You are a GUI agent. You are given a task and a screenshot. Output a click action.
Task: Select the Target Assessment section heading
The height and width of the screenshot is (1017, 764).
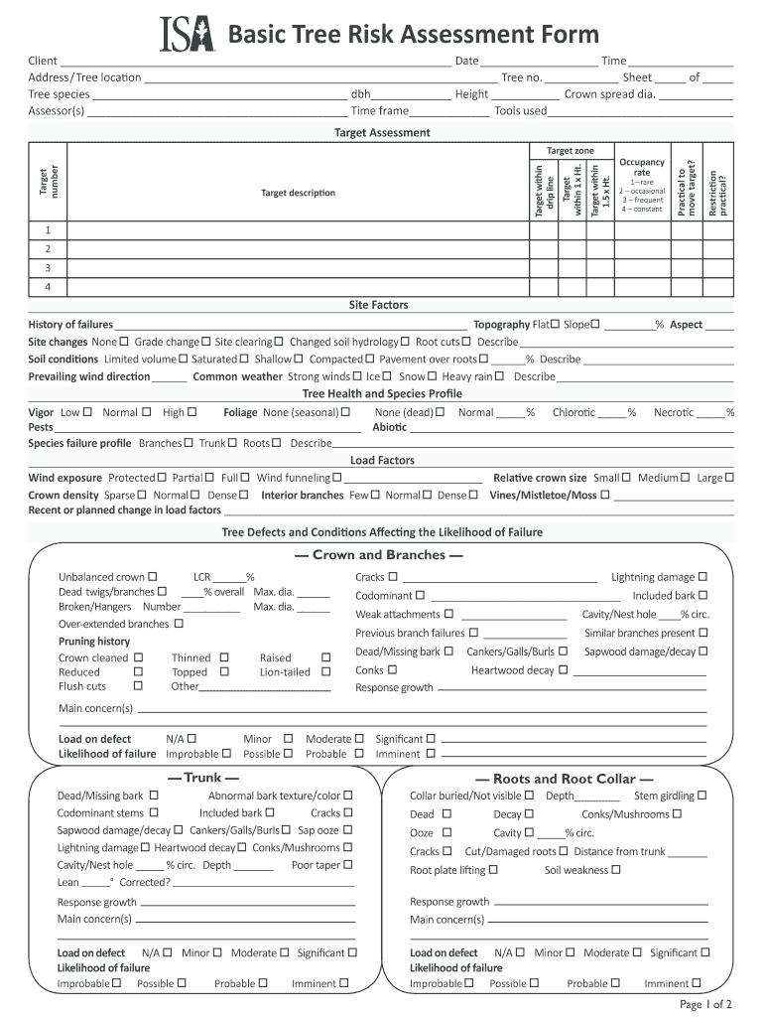coord(382,132)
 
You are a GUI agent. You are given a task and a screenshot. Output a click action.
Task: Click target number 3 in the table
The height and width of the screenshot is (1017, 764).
coord(48,268)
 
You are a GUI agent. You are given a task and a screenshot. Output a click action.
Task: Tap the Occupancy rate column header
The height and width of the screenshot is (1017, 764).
coord(641,167)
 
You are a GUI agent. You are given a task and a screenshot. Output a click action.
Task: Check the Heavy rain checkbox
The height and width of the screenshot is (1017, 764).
coord(500,376)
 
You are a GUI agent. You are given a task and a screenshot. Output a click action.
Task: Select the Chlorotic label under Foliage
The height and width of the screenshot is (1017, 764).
coord(573,412)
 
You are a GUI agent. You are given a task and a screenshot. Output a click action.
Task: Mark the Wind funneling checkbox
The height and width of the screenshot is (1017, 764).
coord(337,478)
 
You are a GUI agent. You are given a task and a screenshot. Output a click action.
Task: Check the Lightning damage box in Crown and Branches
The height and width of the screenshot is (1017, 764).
coord(702,577)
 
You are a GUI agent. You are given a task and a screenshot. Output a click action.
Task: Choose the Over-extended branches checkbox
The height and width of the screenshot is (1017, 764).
coord(179,624)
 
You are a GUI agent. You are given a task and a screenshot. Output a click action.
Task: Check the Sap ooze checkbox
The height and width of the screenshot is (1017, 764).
coord(348,830)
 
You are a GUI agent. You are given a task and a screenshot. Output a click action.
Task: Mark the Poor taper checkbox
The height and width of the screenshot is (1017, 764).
coord(348,865)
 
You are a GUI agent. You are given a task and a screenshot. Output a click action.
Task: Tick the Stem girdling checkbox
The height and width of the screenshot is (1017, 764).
coord(702,796)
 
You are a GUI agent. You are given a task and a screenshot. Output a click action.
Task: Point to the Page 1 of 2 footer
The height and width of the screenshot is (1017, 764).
coord(705,1004)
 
